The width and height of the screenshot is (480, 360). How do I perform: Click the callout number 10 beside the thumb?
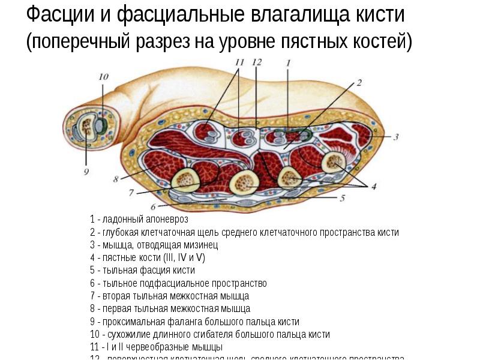[x=103, y=77]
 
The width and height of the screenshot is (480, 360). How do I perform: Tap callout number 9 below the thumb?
[x=86, y=172]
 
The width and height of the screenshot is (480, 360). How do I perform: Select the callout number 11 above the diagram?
[x=239, y=62]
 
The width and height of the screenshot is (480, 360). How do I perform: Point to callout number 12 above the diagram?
[x=257, y=62]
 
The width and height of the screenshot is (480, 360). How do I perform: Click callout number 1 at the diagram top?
[x=288, y=62]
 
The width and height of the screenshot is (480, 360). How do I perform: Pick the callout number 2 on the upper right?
[x=359, y=83]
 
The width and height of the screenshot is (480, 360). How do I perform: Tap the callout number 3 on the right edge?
[x=396, y=137]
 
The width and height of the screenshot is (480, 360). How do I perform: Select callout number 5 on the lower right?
[x=343, y=197]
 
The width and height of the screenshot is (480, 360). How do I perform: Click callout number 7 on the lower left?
[x=131, y=193]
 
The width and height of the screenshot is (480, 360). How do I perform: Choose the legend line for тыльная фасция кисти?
[x=142, y=270]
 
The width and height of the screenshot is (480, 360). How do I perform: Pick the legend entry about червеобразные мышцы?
[x=156, y=347]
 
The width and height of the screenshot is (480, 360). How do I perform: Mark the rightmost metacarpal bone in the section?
[x=332, y=161]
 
